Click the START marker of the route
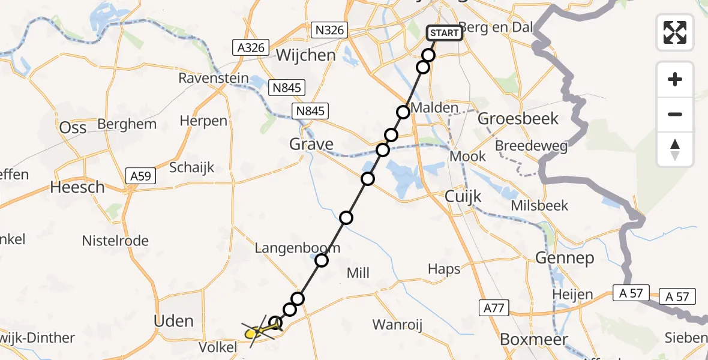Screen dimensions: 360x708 click(x=444, y=33)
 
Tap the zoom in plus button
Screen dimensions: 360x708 click(x=675, y=80)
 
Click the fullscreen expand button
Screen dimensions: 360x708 click(x=675, y=32)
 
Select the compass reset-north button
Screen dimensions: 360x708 click(x=675, y=149)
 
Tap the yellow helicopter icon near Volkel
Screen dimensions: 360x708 click(x=260, y=330)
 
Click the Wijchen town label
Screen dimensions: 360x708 click(x=305, y=56)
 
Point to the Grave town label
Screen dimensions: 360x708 click(x=311, y=144)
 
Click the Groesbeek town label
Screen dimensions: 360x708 click(x=518, y=119)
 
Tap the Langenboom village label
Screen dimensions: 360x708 click(x=297, y=248)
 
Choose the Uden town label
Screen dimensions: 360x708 click(x=174, y=321)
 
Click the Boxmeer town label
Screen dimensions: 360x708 click(x=534, y=340)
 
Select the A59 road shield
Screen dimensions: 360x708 click(x=142, y=176)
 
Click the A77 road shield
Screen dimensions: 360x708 click(x=494, y=308)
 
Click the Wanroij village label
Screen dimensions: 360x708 click(x=397, y=325)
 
